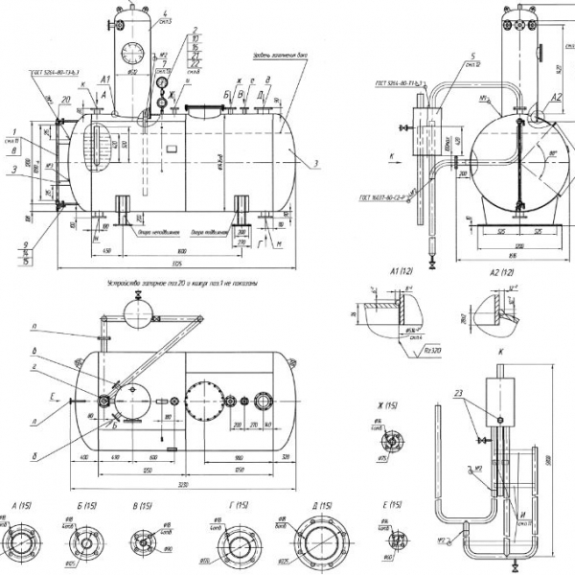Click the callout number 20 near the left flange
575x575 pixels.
(x=65, y=100)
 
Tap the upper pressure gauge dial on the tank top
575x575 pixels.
(x=160, y=84)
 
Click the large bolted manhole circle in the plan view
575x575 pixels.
(x=204, y=403)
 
